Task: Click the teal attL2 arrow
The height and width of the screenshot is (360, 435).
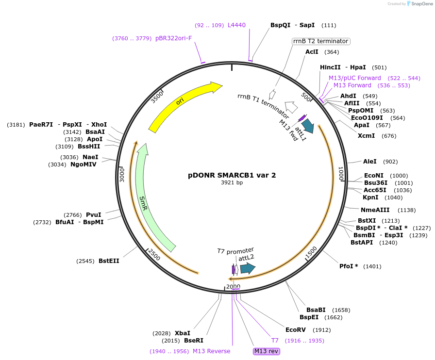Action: [x=248, y=268]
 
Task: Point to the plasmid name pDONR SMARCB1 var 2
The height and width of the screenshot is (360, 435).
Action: [x=232, y=175]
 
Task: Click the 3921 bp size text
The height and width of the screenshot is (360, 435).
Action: [x=232, y=183]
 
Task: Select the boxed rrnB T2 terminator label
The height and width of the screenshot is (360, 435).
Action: [x=320, y=41]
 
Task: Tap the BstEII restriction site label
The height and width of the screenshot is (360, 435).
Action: [x=109, y=261]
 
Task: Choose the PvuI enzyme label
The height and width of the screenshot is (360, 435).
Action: [x=94, y=215]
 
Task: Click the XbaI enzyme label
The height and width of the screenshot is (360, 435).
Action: [x=183, y=333]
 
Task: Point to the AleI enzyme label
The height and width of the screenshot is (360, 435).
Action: [x=369, y=162]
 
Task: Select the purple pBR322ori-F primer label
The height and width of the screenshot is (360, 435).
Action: [x=174, y=38]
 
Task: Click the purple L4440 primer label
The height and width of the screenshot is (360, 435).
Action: [x=237, y=25]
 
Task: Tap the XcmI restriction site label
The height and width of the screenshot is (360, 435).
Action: [x=367, y=135]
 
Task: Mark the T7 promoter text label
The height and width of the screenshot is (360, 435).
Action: [x=235, y=250]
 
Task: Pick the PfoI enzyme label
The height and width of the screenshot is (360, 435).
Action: [x=349, y=266]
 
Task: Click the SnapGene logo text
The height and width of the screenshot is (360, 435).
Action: [x=420, y=4]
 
